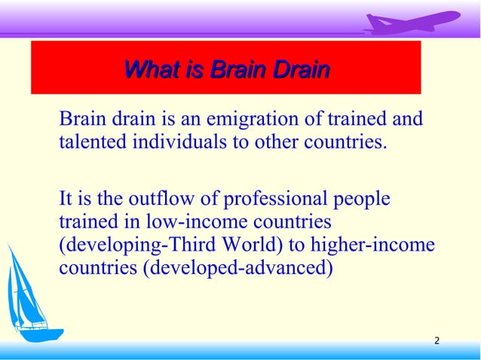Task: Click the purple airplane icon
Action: [x=411, y=22]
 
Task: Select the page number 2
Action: [x=437, y=343]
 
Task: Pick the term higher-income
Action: [x=369, y=246]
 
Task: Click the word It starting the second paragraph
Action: [x=66, y=200]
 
